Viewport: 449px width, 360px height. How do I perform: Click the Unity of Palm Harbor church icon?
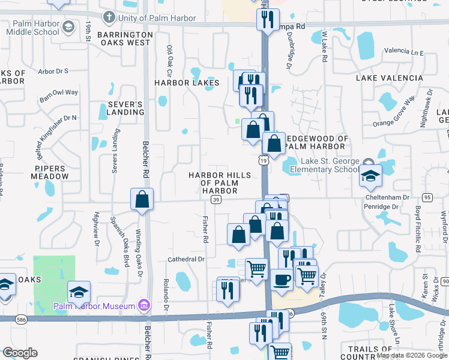pos(109,17)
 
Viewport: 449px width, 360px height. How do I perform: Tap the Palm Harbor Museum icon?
pos(143,306)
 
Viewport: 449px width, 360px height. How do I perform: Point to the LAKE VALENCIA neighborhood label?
pos(390,78)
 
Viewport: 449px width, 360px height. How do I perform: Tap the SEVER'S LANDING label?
pos(125,108)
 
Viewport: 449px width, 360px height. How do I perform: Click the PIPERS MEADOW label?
pos(52,173)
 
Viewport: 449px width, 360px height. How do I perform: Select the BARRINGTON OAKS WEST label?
pos(124,38)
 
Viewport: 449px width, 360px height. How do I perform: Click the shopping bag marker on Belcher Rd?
pos(142,200)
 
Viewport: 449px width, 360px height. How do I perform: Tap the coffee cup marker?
pos(281,279)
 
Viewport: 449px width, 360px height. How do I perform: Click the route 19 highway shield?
pos(262,160)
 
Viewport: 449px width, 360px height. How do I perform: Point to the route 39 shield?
pos(216,199)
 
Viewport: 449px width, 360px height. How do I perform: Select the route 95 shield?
pos(427,197)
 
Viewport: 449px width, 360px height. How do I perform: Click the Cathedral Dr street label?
pos(187,259)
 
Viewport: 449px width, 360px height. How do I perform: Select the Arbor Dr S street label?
pos(53,71)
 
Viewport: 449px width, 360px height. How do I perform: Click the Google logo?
pos(20,353)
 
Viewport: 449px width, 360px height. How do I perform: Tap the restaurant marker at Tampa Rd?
pos(268,19)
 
